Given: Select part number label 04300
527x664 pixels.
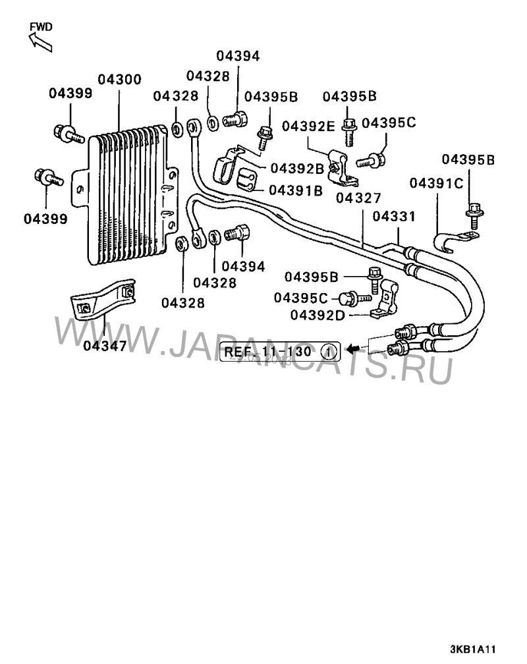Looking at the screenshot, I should [119, 80].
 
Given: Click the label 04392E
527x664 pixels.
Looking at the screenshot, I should [310, 126].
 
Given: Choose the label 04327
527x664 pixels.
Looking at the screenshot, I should [359, 197].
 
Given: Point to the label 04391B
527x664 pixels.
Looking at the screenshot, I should [296, 190].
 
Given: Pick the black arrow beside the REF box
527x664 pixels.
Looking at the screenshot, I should [354, 347].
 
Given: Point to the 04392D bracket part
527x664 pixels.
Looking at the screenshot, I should [386, 300].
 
